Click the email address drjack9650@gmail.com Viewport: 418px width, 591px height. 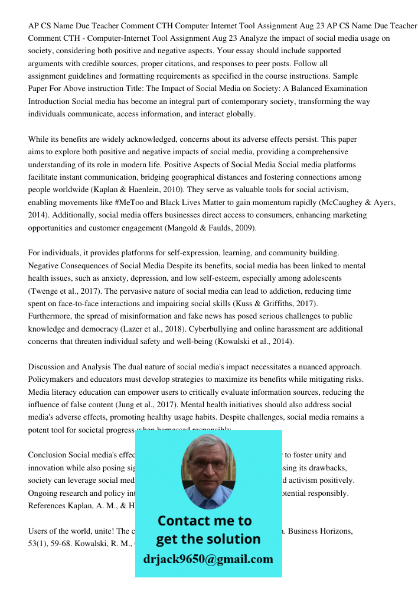tap(208, 559)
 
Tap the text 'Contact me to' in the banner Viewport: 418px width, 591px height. tap(204, 521)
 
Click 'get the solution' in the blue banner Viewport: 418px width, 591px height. tap(208, 539)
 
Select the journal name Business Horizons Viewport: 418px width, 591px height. tap(322, 531)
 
